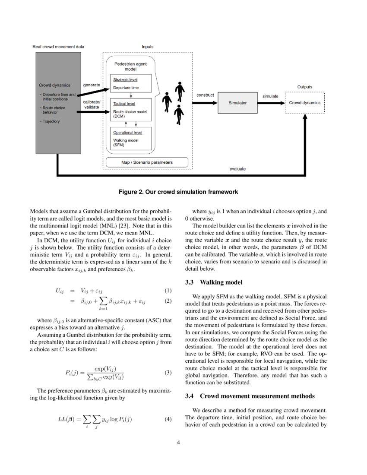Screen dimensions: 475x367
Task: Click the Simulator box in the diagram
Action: pyautogui.click(x=237, y=103)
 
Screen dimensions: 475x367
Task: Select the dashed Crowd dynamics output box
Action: pyautogui.click(x=305, y=103)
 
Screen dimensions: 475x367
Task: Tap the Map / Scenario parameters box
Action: pyautogui.click(x=147, y=162)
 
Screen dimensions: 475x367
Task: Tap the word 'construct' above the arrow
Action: pyautogui.click(x=205, y=95)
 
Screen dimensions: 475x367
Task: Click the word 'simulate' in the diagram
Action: pyautogui.click(x=270, y=96)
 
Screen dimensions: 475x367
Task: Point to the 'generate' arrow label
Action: pyautogui.click(x=92, y=85)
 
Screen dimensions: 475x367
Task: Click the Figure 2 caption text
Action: pyautogui.click(x=178, y=191)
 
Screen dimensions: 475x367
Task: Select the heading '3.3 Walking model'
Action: pyautogui.click(x=214, y=282)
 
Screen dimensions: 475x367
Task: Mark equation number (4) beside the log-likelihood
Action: pyautogui.click(x=168, y=419)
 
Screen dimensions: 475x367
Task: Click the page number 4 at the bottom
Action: pyautogui.click(x=178, y=443)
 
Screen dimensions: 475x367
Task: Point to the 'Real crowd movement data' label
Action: pyautogui.click(x=59, y=46)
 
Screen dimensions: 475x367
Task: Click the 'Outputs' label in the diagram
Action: pyautogui.click(x=304, y=86)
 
